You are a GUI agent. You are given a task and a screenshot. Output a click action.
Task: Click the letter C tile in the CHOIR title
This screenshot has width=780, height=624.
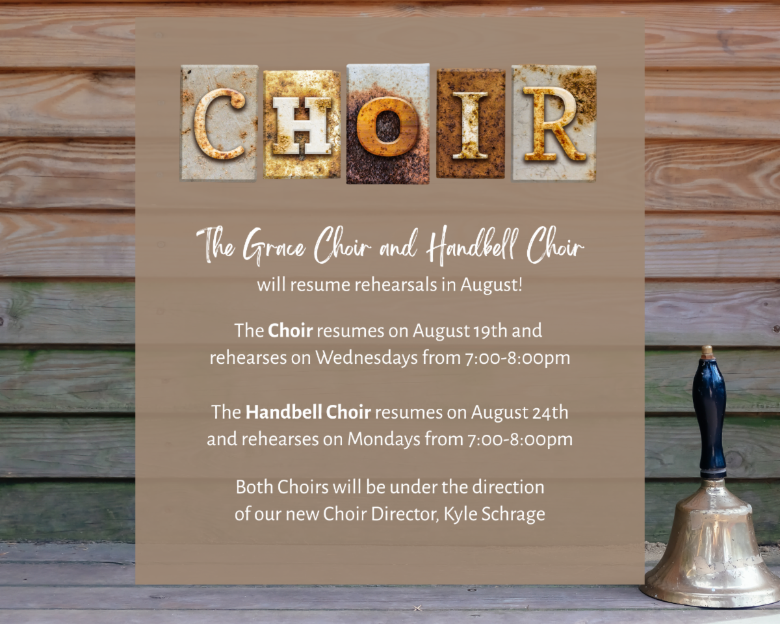tap(219, 123)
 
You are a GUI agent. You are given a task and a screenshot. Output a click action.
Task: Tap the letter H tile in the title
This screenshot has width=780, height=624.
tap(302, 124)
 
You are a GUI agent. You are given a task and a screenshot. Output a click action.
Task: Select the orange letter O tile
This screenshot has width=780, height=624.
tap(388, 124)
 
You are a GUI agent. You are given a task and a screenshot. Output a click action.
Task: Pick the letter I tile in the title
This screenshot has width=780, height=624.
tap(471, 123)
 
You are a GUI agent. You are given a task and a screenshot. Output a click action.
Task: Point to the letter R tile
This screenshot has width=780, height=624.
tap(553, 123)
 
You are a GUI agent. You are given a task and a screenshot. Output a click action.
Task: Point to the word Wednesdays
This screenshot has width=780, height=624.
tap(367, 357)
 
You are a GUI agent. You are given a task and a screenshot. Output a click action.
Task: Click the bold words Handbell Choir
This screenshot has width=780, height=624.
tap(308, 412)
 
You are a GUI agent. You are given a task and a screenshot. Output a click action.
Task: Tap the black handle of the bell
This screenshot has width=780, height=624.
tap(710, 417)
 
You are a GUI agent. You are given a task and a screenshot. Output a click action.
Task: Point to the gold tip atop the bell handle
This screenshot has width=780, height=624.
tap(707, 352)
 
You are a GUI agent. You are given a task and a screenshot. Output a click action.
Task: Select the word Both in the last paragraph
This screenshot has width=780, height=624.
tap(254, 487)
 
